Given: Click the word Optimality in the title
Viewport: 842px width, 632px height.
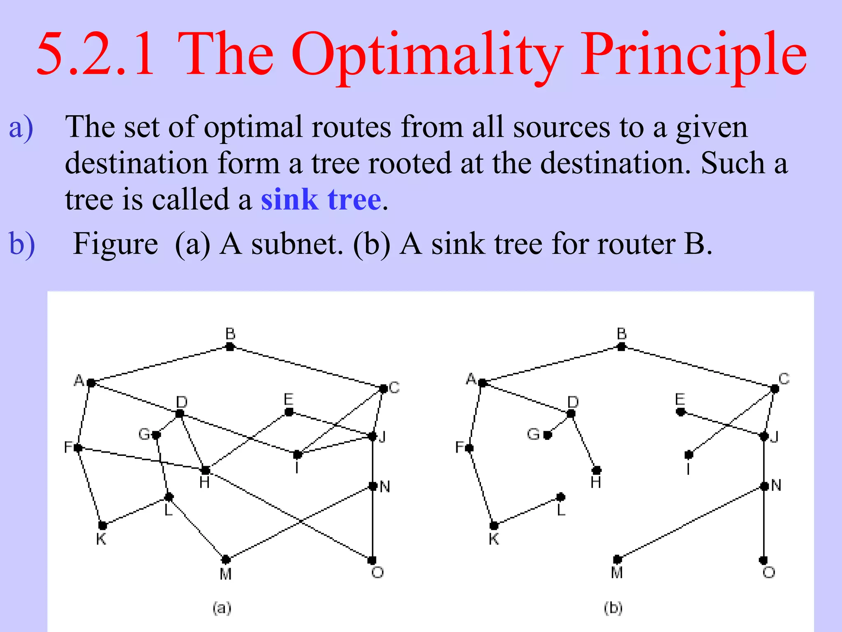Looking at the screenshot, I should click(x=428, y=56).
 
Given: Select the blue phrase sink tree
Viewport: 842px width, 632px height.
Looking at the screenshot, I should click(x=321, y=200).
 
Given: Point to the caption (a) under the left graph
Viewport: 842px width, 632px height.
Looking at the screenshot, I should click(x=222, y=608).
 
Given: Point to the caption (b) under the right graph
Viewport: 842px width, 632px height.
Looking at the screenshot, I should click(x=613, y=608).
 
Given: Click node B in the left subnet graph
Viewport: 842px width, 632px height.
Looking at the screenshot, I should click(x=230, y=347).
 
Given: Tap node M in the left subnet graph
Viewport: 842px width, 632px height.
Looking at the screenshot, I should click(x=226, y=560).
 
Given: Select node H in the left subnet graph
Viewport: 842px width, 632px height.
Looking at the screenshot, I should click(x=206, y=470).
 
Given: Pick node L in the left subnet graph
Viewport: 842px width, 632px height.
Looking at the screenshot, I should click(x=169, y=497).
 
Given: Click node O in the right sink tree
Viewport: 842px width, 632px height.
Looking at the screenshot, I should click(x=763, y=560).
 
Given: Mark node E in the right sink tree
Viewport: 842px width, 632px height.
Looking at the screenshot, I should click(x=680, y=412).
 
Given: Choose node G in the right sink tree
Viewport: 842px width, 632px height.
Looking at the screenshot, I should click(x=547, y=435).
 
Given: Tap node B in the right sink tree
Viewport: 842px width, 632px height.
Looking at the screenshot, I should click(x=622, y=347).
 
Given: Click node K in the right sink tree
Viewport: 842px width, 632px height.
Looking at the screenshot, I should click(x=494, y=525).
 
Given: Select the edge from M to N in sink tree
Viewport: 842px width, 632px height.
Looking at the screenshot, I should click(x=691, y=523).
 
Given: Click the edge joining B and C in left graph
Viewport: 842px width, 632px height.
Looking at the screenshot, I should click(x=306, y=367).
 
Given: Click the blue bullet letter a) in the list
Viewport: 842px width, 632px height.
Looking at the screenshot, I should click(x=21, y=128).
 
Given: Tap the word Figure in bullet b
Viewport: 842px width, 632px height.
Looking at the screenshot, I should click(x=115, y=244).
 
